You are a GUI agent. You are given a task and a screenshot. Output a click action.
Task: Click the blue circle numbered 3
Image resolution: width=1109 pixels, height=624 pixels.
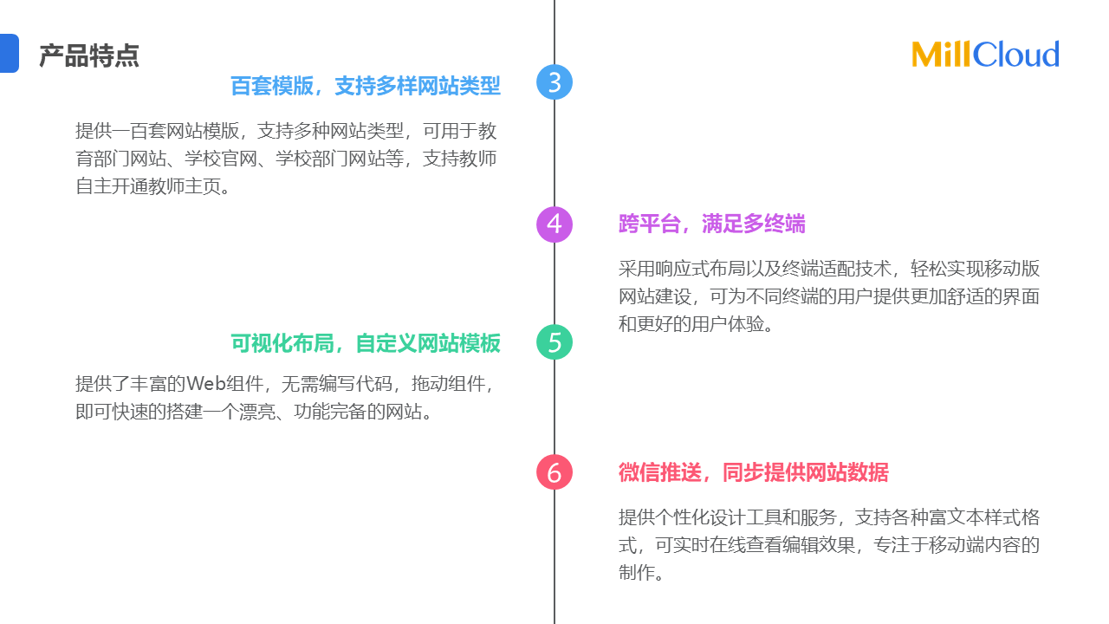[x=554, y=82]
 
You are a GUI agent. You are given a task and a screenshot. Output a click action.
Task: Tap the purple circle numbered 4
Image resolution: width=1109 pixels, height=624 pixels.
[x=554, y=224]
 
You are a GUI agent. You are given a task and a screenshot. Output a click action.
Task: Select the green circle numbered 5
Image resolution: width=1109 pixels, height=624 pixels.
[x=554, y=342]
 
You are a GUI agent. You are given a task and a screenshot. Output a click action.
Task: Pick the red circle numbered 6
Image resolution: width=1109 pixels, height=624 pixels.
[x=554, y=472]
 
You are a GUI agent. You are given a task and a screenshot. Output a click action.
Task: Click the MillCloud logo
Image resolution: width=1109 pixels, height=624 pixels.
[x=985, y=55]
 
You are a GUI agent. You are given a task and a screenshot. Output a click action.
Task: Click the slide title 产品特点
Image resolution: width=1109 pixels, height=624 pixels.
[x=89, y=56]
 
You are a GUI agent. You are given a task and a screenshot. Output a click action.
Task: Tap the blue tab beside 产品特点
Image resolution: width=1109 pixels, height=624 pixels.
[x=9, y=53]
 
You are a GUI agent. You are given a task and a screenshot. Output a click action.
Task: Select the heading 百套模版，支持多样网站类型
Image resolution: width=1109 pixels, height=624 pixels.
[x=365, y=86]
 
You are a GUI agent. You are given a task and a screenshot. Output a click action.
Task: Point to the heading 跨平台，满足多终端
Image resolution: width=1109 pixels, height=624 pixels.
[x=711, y=224]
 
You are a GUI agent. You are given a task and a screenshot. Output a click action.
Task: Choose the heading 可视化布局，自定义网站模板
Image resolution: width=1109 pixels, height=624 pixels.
[x=365, y=343]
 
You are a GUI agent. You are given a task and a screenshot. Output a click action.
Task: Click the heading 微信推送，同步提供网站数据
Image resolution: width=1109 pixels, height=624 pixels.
[x=753, y=472]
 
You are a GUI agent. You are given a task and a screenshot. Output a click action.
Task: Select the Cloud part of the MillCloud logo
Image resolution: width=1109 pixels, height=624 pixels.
[x=1016, y=55]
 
